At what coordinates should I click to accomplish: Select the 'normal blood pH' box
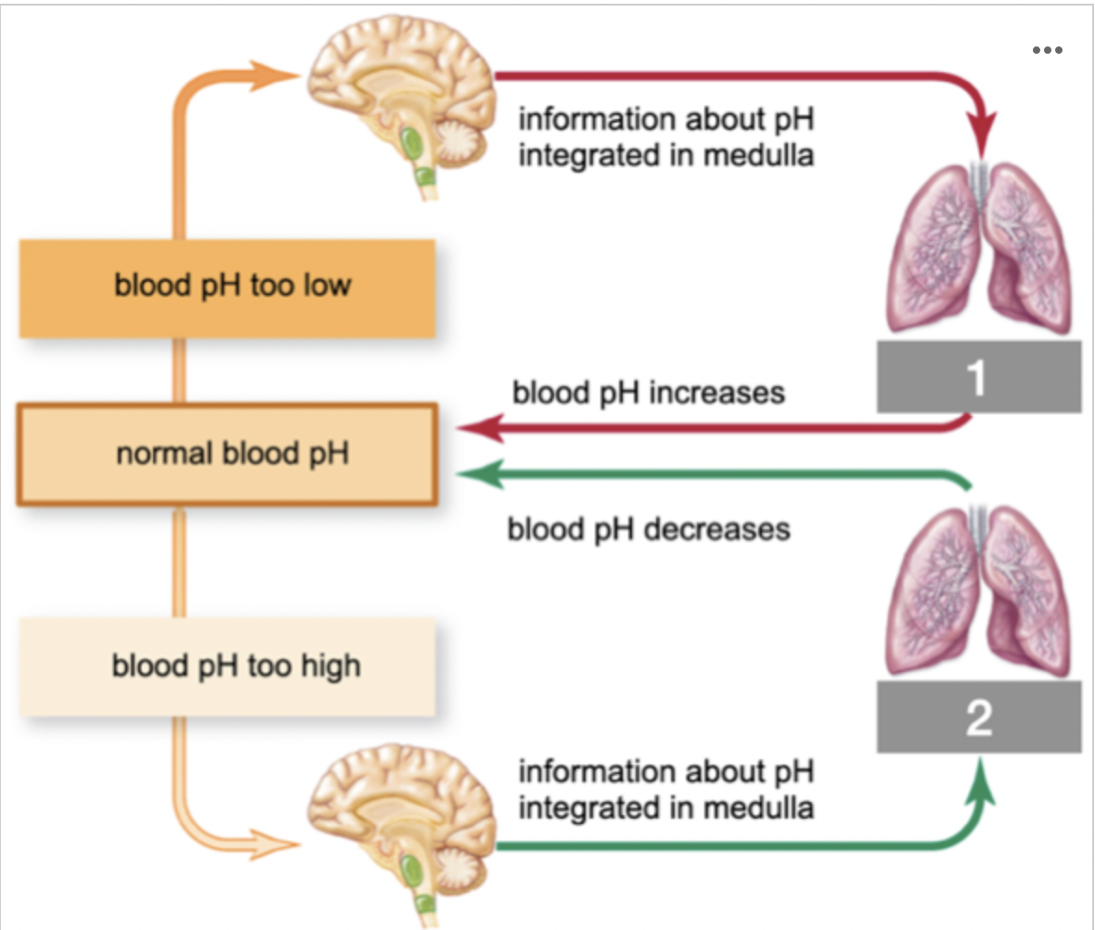tap(227, 455)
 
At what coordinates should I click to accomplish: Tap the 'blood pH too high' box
tap(227, 666)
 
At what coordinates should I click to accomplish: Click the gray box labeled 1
tap(979, 377)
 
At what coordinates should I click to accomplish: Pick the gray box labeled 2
tap(979, 717)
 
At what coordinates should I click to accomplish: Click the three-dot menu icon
tap(1047, 50)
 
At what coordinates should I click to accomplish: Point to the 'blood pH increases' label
tap(649, 393)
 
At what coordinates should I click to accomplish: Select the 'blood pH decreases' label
tap(649, 529)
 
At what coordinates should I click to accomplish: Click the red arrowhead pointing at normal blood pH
tap(479, 429)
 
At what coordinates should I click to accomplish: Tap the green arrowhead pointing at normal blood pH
tap(479, 474)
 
